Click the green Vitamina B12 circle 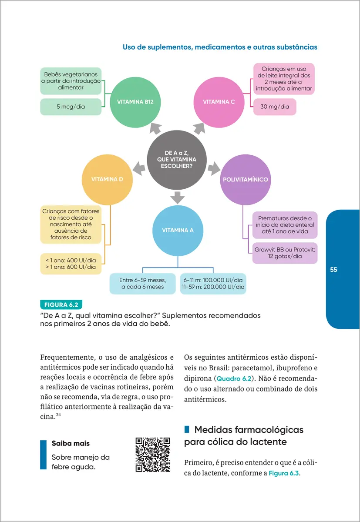click(135, 102)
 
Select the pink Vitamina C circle click(219, 102)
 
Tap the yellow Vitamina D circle click(107, 179)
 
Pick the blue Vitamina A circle click(178, 231)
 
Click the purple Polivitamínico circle click(245, 179)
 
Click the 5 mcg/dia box click(71, 107)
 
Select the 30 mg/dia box click(275, 107)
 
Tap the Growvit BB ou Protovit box click(285, 253)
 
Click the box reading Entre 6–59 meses click(142, 284)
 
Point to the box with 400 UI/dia click(71, 264)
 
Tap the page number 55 click(333, 270)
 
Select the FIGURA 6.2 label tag click(61, 304)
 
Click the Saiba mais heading click(71, 444)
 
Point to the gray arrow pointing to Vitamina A click(178, 197)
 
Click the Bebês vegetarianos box click(71, 81)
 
